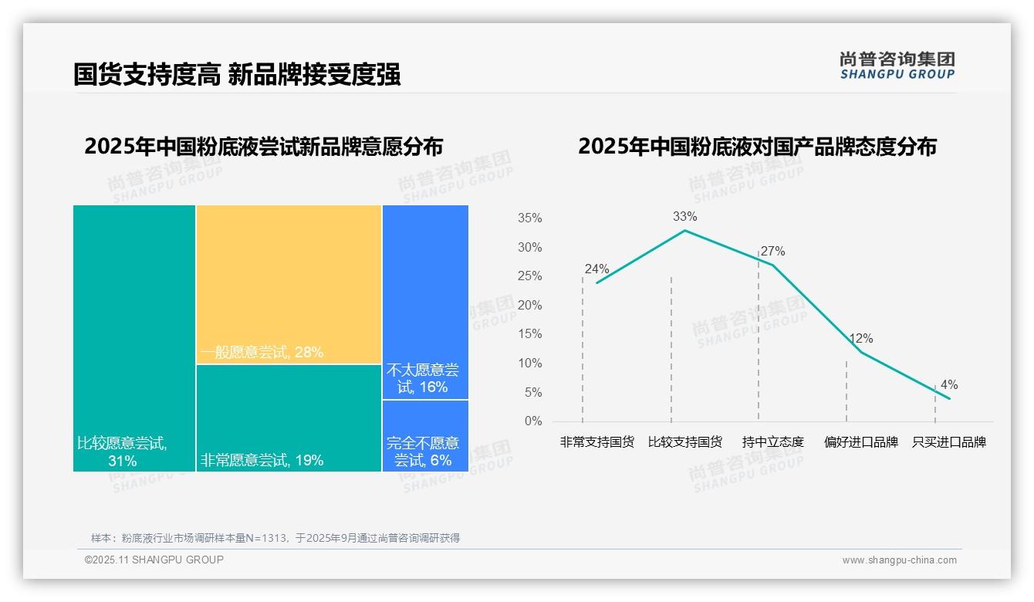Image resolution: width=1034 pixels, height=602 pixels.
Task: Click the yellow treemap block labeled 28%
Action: point(289,284)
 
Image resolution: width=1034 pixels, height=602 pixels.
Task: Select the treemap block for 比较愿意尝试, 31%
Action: point(134,337)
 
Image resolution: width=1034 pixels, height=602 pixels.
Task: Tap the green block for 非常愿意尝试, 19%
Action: point(289,418)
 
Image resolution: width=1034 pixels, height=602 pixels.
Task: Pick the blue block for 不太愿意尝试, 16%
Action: point(425,302)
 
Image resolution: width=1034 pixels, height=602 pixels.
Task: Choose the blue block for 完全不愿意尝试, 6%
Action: point(425,435)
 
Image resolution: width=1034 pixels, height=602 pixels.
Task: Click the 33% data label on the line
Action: point(684,217)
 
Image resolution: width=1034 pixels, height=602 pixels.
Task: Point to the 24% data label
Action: point(596,269)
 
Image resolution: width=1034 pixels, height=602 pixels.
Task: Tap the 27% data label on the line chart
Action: point(772,252)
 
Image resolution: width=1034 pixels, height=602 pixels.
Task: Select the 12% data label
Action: point(860,339)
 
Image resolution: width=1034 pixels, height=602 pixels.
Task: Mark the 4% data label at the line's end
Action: point(948,385)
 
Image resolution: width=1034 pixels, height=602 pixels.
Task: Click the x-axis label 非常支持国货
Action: point(597,442)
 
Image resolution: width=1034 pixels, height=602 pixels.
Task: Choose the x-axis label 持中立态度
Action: point(772,442)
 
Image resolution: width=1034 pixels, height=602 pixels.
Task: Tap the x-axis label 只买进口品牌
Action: point(948,442)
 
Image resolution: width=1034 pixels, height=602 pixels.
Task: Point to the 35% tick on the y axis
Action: point(529,218)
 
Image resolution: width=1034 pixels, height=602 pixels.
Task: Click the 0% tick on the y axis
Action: point(533,421)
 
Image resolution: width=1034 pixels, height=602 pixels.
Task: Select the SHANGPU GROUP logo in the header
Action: point(897,66)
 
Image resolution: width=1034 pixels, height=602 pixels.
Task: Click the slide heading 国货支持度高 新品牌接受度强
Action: point(237,75)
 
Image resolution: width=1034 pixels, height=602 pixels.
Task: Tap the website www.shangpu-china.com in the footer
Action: point(899,560)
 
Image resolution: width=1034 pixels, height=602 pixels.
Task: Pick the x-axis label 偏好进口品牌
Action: point(860,442)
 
